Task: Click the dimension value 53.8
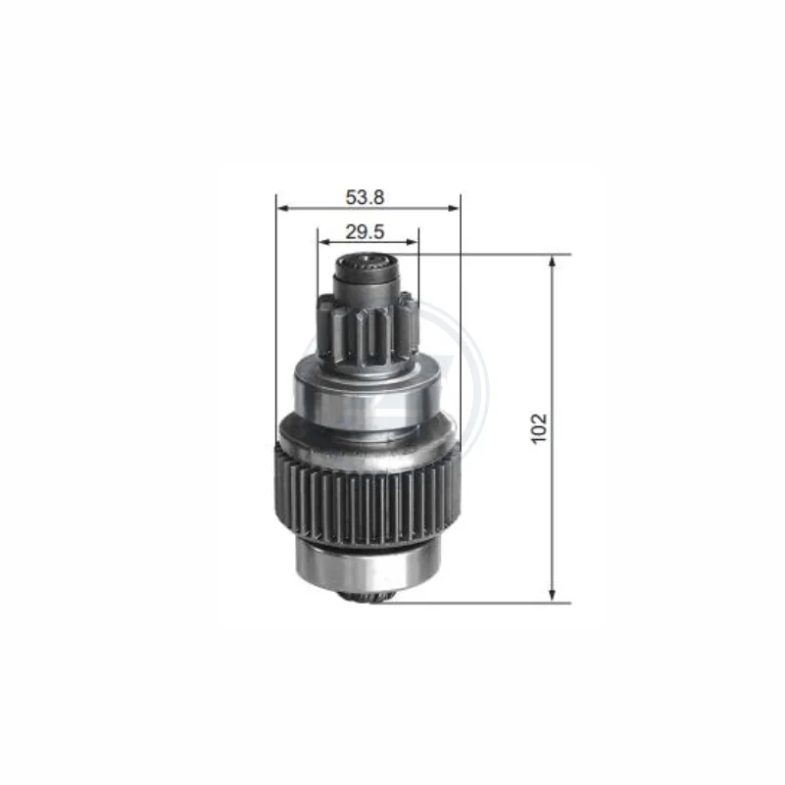[365, 197]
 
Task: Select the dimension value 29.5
[365, 232]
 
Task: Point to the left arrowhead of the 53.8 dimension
[281, 207]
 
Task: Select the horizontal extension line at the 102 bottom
[480, 602]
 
